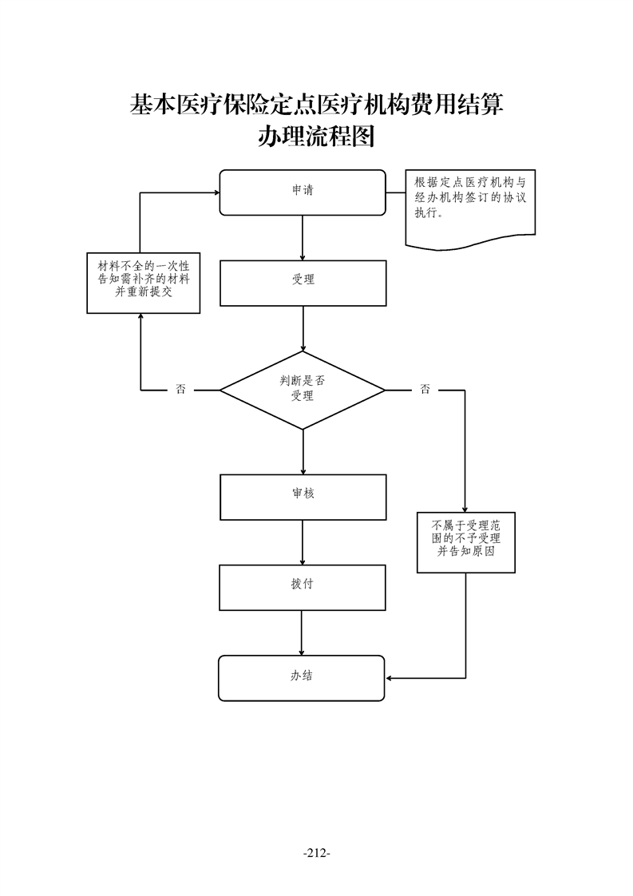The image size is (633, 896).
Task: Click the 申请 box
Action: (302, 192)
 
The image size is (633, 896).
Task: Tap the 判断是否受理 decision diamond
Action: (302, 390)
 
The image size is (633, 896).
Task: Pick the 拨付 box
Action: (302, 587)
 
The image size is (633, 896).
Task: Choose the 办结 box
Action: (302, 677)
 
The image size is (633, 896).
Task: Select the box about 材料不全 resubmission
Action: (142, 283)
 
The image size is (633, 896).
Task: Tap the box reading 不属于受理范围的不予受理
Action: (465, 542)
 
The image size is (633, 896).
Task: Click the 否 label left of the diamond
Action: (180, 390)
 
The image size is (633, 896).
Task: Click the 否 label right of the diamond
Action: (425, 390)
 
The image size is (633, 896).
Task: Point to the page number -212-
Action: (317, 853)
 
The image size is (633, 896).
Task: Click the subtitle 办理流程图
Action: (316, 137)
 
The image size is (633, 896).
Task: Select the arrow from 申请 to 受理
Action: (303, 237)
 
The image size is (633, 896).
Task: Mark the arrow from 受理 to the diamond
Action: (303, 328)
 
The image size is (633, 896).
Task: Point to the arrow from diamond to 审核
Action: (303, 451)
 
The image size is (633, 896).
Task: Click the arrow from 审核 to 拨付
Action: (303, 542)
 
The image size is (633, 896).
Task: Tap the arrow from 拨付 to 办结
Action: (302, 632)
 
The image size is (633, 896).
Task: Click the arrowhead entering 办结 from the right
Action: (390, 678)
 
